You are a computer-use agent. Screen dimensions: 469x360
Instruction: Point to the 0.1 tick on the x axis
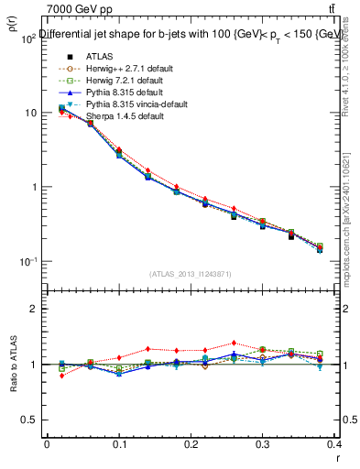pos(119,443)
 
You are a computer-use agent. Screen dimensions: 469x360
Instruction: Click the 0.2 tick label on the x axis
pos(191,443)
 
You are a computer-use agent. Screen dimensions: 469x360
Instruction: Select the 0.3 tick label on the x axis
pos(263,443)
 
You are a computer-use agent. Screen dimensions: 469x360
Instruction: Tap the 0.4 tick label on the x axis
pos(334,443)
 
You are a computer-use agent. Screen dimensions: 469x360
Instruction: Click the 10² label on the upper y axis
pos(27,38)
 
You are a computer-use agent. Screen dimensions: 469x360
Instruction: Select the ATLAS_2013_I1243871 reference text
pos(191,274)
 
